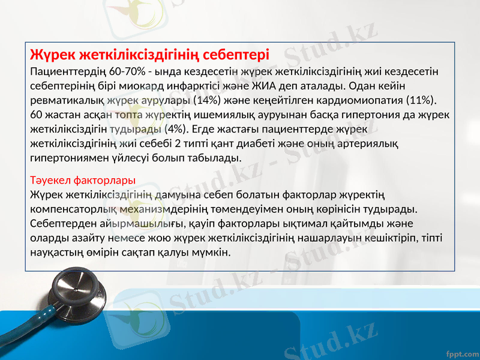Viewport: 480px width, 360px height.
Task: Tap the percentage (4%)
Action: [175, 128]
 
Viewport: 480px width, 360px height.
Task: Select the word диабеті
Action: [274, 143]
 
